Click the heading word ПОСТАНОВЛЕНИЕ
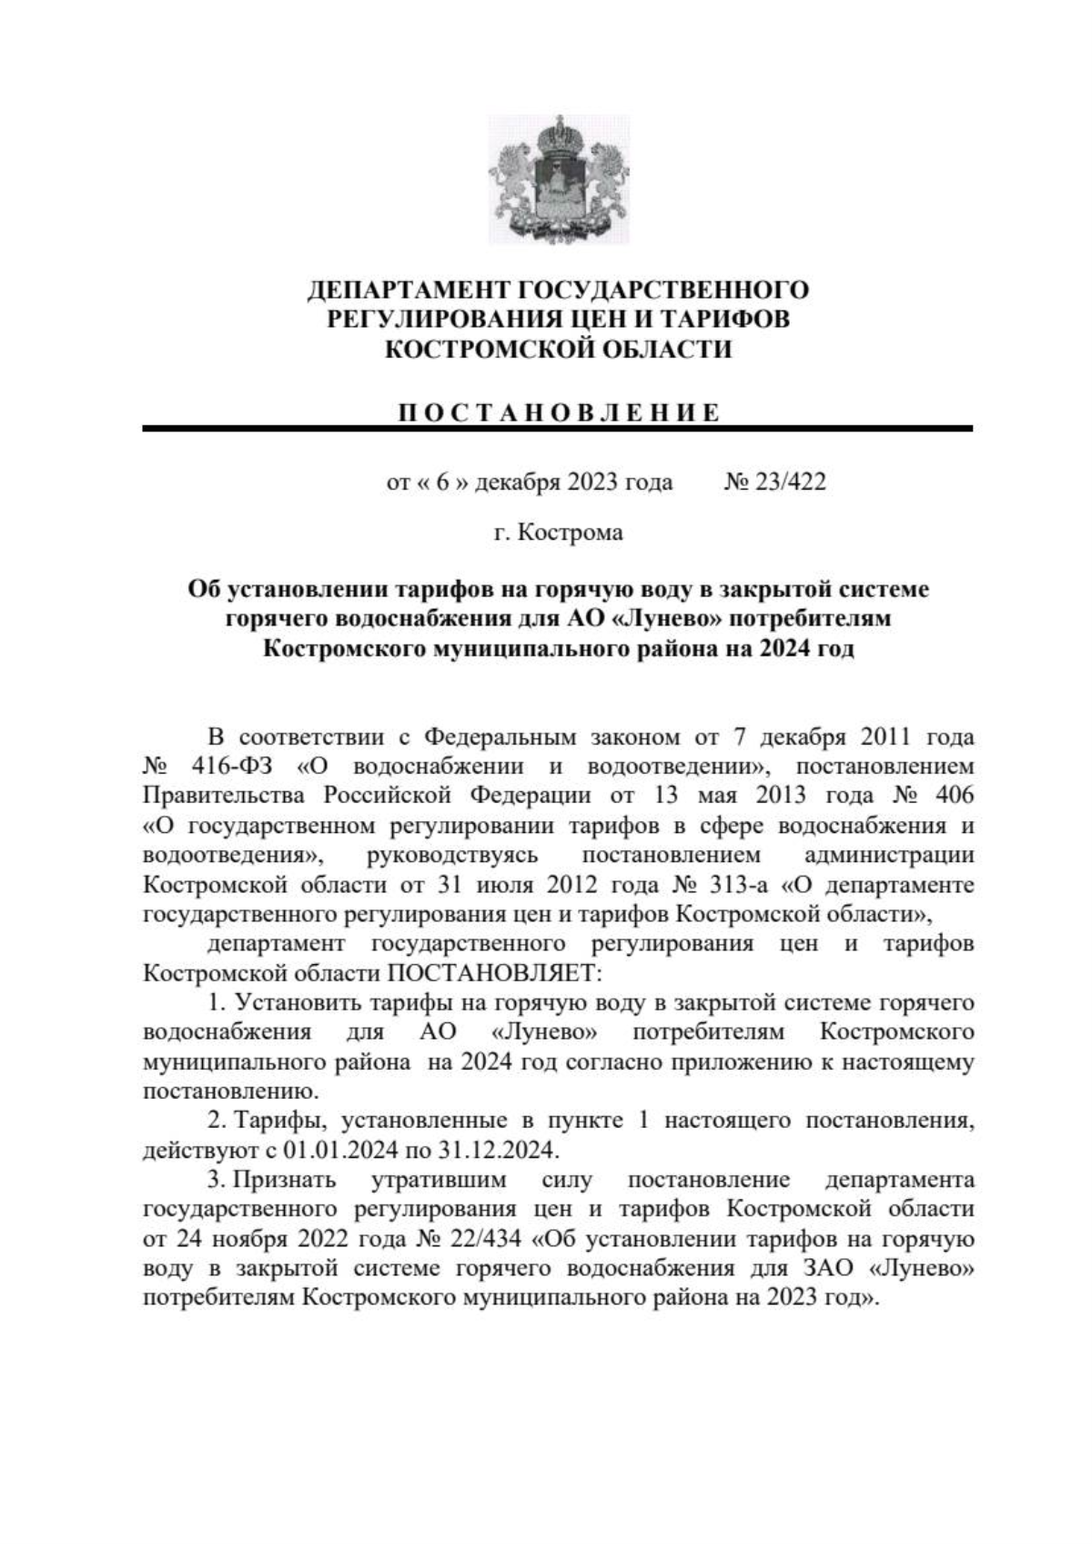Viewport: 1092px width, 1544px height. [558, 411]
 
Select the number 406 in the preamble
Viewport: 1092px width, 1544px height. [954, 795]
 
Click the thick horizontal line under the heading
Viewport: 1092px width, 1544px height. [558, 428]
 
